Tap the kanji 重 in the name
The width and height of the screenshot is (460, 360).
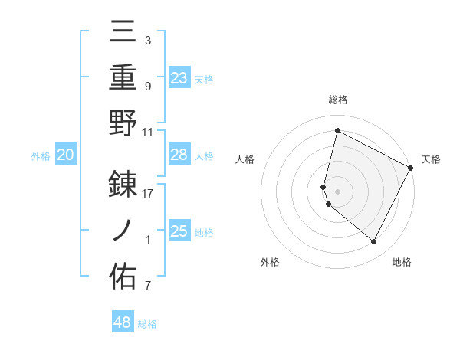point(123,77)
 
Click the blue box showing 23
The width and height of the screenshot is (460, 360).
point(179,78)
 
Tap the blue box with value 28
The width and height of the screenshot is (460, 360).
point(179,155)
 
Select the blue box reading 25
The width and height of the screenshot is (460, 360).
point(179,231)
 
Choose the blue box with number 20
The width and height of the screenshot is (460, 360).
point(65,155)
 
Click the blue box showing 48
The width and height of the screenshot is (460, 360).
point(123,322)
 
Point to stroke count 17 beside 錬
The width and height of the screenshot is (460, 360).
point(148,193)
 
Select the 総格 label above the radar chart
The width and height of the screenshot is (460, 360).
point(338,100)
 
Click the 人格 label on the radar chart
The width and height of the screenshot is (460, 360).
point(245,159)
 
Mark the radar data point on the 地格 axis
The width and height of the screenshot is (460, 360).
point(374,242)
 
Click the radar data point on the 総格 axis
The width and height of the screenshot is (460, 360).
point(337,131)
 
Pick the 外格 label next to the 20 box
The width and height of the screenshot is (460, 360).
point(41,156)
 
